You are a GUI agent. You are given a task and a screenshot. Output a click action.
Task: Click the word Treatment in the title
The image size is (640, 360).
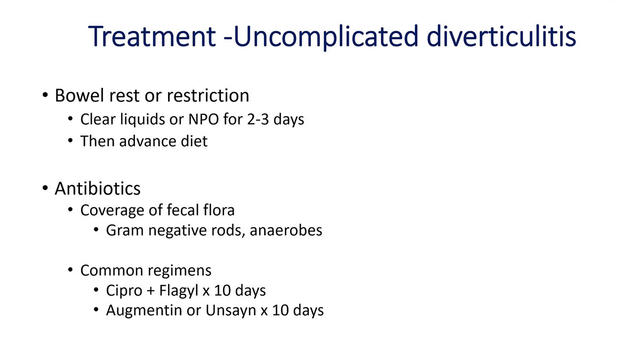pos(151,36)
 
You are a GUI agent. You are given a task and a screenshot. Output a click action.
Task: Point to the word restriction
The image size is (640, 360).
pos(207,96)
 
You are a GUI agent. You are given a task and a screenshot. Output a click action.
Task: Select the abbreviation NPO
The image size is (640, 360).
pos(203,119)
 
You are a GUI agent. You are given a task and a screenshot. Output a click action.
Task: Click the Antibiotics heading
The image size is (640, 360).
pos(98,188)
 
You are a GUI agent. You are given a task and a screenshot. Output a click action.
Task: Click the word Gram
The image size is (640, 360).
pos(123,231)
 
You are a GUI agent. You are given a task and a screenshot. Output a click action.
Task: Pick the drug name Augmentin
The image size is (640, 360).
pos(143,311)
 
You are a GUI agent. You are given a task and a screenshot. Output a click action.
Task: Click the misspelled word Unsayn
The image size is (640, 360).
pos(230,311)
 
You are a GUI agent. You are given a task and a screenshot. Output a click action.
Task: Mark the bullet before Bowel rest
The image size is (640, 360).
pos(45,97)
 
